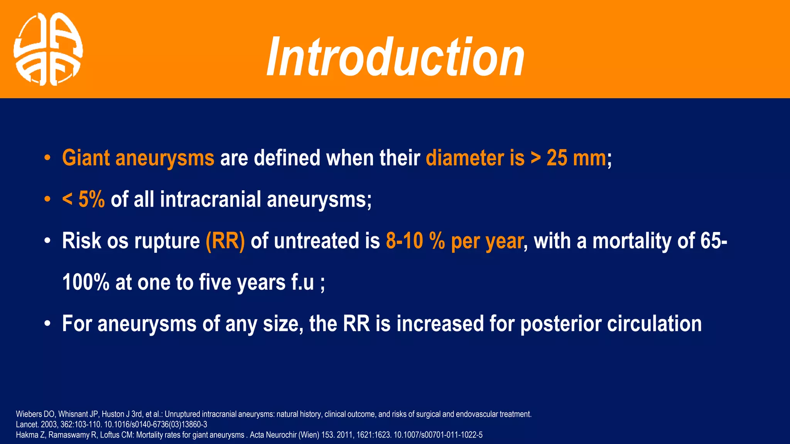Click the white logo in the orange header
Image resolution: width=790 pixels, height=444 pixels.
pos(48,49)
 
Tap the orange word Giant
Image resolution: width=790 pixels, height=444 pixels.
pos(86,158)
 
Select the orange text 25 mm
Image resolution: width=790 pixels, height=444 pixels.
pos(576,158)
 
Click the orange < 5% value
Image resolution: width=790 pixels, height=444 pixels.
pos(84,199)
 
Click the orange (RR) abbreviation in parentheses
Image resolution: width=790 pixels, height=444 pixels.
pos(225,241)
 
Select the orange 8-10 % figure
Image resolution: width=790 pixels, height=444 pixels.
pos(415,241)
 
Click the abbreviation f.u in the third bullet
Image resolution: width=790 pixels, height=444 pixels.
pos(303,282)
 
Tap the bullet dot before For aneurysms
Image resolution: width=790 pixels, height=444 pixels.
pos(47,324)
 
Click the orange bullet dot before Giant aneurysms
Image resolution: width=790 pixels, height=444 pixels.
pos(47,158)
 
